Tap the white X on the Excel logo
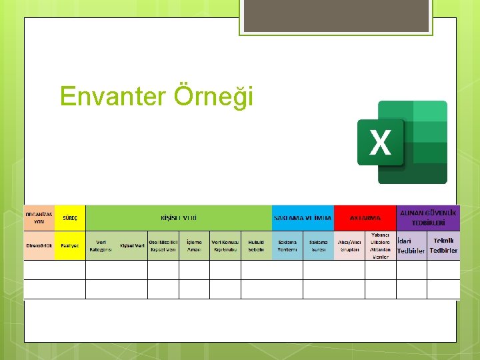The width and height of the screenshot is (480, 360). point(380,143)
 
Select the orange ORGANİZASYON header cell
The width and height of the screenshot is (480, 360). point(39,217)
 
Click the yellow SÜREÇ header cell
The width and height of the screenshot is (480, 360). point(70,217)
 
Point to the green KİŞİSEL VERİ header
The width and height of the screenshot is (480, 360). point(178,217)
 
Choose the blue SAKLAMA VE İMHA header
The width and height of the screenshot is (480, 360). point(302,217)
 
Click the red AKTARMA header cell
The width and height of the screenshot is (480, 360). point(365,217)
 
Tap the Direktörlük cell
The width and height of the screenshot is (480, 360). point(39,245)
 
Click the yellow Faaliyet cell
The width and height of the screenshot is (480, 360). point(70,245)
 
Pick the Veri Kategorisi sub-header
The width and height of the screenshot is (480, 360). point(101,245)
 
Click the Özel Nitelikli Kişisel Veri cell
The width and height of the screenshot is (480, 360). point(163,245)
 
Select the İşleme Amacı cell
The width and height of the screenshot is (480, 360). point(194,245)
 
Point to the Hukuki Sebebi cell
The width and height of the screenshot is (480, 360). point(256,245)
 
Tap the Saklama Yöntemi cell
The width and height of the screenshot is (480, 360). point(287,245)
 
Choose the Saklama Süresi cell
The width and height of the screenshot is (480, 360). point(318,245)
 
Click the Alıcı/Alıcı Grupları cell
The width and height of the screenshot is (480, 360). point(349,245)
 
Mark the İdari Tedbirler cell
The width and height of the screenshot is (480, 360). point(411,245)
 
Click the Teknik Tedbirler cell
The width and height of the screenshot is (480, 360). point(443,245)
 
